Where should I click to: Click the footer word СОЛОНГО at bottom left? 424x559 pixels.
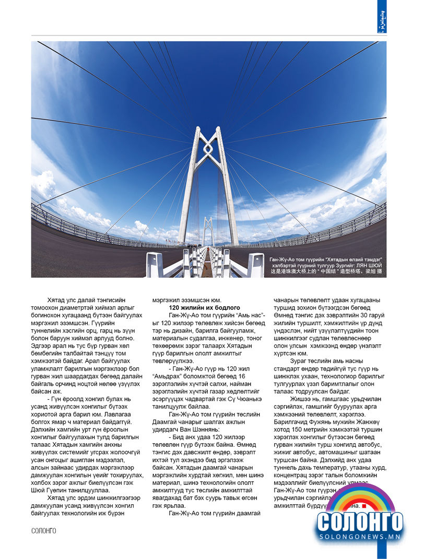(43, 531)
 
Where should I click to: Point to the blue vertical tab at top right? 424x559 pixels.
(382, 17)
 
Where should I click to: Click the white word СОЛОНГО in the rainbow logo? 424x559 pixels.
(360, 521)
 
